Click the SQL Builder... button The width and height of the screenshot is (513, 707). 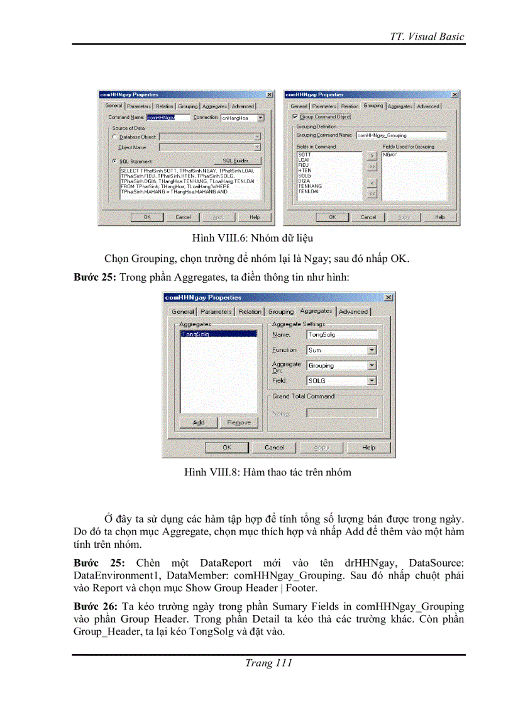237,161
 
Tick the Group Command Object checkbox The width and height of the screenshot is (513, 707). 295,117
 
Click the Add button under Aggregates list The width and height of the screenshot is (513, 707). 199,422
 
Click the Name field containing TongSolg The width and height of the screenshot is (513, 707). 341,335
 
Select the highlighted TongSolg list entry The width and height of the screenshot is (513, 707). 195,334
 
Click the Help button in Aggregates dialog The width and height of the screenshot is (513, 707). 368,447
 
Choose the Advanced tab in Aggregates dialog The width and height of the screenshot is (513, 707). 353,312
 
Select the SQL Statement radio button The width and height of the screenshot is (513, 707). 114,161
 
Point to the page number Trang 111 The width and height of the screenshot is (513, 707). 268,663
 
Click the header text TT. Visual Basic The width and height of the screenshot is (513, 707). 427,36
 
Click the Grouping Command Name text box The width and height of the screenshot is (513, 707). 401,135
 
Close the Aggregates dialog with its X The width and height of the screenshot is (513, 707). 388,297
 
